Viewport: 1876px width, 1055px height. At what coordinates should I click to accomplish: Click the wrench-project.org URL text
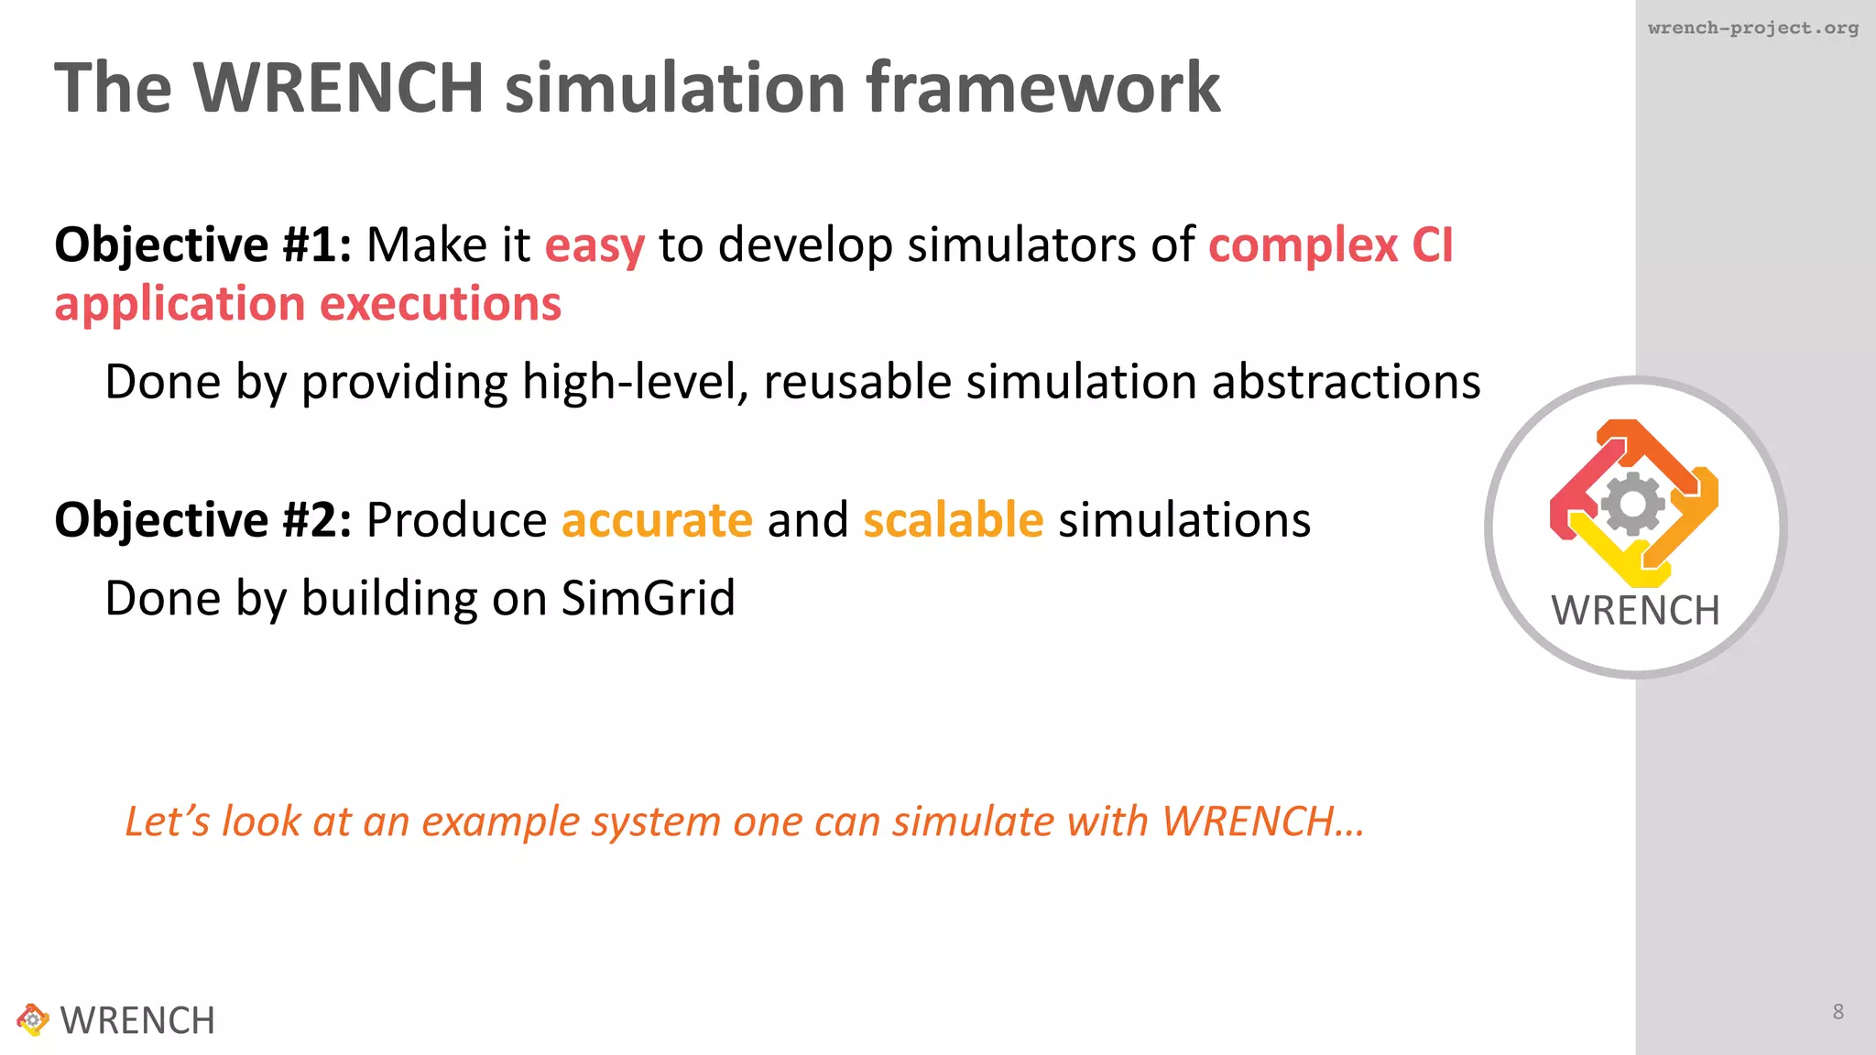coord(1752,27)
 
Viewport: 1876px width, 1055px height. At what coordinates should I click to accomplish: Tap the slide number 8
coord(1838,1011)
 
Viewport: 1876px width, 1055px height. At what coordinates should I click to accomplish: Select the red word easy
coord(594,245)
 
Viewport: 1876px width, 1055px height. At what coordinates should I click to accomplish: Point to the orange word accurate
coord(657,520)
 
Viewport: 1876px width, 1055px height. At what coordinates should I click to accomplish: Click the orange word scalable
coord(953,520)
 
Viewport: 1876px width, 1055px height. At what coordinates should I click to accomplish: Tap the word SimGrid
coord(648,598)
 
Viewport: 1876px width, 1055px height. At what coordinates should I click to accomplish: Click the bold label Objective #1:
coord(203,245)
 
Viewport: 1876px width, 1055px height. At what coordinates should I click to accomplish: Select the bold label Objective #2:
coord(203,520)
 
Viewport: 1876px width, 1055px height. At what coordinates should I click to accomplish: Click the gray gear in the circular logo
coord(1633,504)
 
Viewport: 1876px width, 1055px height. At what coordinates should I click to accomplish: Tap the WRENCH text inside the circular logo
coord(1635,611)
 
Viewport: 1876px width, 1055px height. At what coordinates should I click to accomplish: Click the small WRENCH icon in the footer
coord(32,1019)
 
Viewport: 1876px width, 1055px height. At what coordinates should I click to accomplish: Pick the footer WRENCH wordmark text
coord(137,1020)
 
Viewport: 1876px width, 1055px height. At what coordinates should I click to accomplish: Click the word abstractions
coord(1346,382)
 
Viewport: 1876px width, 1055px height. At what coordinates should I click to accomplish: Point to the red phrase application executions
coord(308,304)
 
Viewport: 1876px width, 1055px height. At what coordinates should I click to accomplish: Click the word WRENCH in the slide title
coord(338,88)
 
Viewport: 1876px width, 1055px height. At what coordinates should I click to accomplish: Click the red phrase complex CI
coord(1330,245)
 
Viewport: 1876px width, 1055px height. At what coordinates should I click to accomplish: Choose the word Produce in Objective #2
coord(456,520)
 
